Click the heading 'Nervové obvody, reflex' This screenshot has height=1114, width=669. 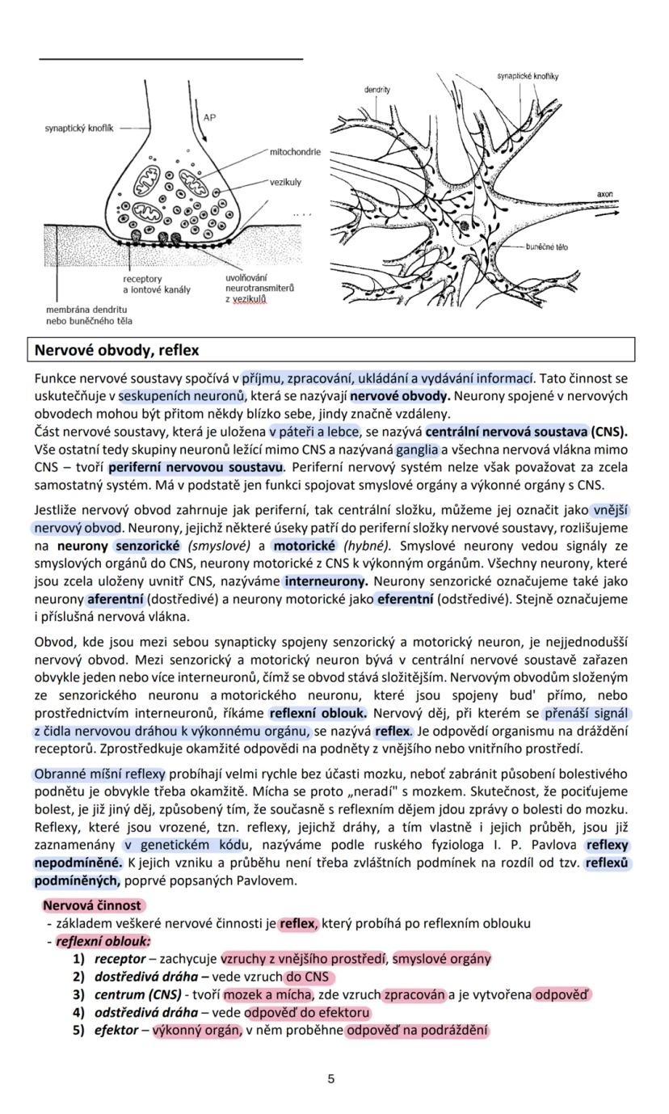pos(116,350)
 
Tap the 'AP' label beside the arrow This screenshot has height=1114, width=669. pos(210,118)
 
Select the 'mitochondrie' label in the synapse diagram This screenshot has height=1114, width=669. pos(294,152)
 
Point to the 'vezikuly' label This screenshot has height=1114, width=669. pos(284,183)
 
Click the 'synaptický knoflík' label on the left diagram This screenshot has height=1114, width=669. pos(78,128)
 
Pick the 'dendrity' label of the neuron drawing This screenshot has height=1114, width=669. pos(377,90)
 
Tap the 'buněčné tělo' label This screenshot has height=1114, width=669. pos(546,247)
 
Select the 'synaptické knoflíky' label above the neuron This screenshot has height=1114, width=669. pos(527,76)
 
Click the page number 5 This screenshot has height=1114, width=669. pos(331,1078)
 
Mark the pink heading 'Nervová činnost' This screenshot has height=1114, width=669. pos(91,905)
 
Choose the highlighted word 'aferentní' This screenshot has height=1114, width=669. pos(116,599)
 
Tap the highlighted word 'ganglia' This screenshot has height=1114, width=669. pos(417,449)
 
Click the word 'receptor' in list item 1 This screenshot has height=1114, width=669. pos(120,959)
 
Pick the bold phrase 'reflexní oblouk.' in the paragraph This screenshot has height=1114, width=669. pos(318,713)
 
